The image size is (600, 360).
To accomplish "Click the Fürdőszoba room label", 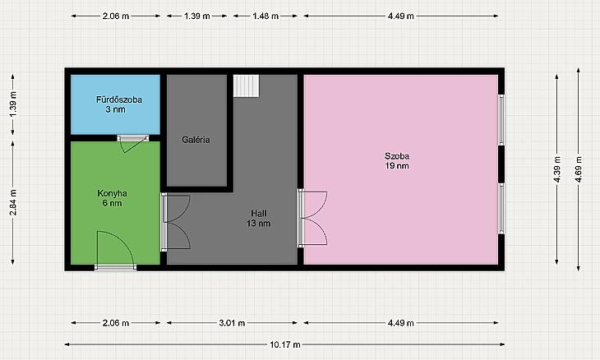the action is (x=118, y=104).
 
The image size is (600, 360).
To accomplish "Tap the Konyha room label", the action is (x=112, y=198).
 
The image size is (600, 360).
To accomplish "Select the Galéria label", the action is (x=196, y=140).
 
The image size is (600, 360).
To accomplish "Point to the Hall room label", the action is (x=259, y=218).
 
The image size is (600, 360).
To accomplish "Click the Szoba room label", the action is (x=397, y=160).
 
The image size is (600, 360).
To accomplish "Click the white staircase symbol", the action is (x=247, y=86).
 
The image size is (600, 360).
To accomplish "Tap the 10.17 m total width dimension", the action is (x=285, y=344).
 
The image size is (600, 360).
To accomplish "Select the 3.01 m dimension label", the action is (x=232, y=323).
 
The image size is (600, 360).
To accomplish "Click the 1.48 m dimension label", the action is (x=265, y=16).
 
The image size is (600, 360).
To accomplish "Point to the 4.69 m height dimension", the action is (x=578, y=169).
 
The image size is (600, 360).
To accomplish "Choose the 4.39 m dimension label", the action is (x=556, y=169).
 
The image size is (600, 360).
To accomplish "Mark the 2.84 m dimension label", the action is (x=13, y=202).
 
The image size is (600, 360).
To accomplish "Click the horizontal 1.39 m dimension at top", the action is (x=196, y=16).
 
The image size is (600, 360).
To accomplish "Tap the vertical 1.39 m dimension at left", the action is (x=13, y=104).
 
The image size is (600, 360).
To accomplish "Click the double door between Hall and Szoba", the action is (x=312, y=218).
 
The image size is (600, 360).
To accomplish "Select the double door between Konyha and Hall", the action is (x=175, y=222).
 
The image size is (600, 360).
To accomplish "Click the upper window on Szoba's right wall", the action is (x=501, y=120).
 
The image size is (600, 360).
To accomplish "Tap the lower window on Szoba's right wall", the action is (x=501, y=208).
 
